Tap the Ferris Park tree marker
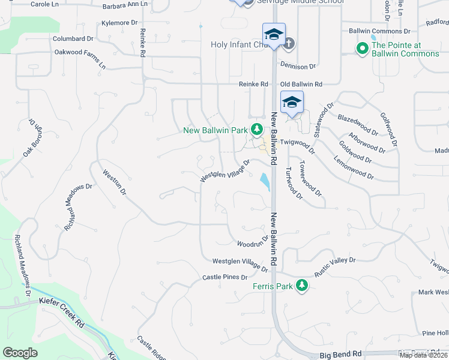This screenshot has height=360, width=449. [303, 286]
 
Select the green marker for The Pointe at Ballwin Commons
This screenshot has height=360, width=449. [362, 49]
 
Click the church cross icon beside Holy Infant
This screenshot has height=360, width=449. [289, 43]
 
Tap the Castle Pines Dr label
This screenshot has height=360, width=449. [225, 277]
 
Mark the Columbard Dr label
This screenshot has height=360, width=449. [73, 38]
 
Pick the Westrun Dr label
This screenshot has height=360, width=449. [115, 182]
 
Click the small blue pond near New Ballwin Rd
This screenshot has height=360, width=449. [264, 180]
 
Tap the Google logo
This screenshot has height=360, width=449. [20, 353]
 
